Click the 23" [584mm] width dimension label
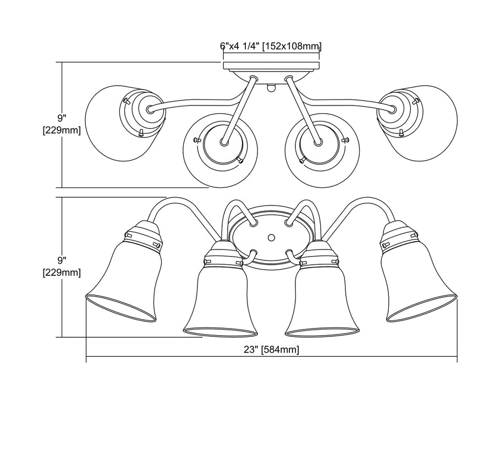pyautogui.click(x=271, y=350)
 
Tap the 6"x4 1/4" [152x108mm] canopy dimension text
pyautogui.click(x=271, y=46)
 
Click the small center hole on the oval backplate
pyautogui.click(x=271, y=237)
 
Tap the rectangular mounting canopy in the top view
pyautogui.click(x=272, y=66)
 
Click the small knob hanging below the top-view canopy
pyautogui.click(x=271, y=87)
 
